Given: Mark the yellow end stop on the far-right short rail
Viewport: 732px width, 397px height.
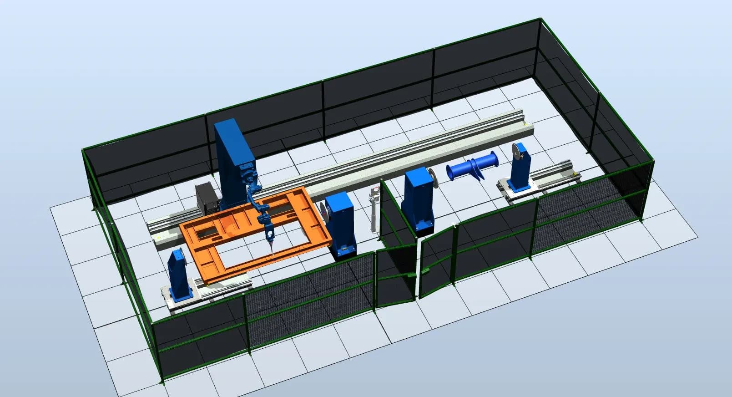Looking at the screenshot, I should point(578,174).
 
